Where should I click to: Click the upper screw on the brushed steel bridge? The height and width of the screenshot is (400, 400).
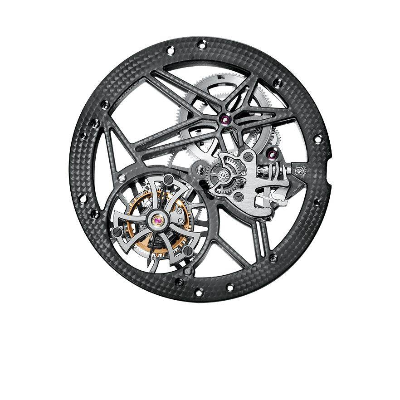[248, 156]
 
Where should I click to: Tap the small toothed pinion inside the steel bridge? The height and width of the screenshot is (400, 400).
[223, 176]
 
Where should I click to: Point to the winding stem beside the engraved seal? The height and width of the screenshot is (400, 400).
[277, 172]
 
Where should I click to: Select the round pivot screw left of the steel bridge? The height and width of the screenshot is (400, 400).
[200, 170]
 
